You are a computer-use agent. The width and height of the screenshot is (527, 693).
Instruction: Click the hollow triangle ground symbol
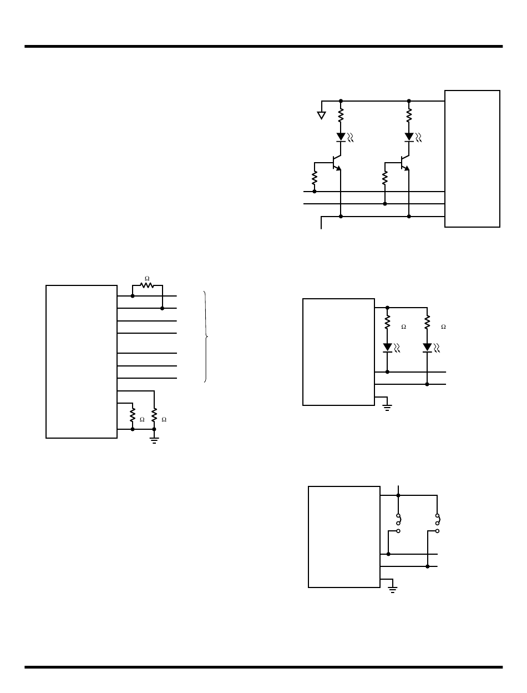click(x=321, y=115)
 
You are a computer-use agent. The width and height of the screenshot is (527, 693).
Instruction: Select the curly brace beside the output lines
click(x=206, y=337)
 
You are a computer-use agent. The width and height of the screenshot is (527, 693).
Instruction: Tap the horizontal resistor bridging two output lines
click(x=147, y=285)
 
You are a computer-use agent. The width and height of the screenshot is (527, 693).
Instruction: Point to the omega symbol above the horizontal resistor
click(x=147, y=278)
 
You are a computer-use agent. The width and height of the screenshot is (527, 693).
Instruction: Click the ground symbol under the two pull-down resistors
click(x=154, y=440)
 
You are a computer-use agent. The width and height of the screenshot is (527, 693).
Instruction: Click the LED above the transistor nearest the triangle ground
click(x=341, y=137)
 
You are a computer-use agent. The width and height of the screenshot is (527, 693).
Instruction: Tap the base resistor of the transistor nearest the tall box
click(x=384, y=178)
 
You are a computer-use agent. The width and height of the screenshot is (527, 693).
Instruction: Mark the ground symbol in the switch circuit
click(x=393, y=589)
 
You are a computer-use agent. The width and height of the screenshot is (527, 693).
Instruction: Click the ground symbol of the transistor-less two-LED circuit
click(x=387, y=407)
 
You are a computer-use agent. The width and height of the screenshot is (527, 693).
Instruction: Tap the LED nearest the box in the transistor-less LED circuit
click(x=388, y=348)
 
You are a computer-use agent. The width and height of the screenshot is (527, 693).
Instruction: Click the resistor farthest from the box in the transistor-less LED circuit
click(x=427, y=322)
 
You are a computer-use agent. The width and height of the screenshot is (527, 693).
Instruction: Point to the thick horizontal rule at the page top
click(x=263, y=47)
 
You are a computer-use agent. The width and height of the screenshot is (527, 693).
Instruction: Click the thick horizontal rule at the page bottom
click(x=263, y=667)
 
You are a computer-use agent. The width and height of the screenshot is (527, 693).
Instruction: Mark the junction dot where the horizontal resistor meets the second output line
click(x=162, y=308)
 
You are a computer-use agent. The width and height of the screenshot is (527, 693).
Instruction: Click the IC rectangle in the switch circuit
click(x=344, y=536)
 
